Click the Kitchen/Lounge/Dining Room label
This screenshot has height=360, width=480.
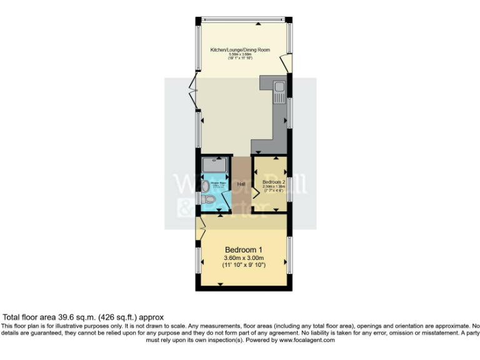click(240, 49)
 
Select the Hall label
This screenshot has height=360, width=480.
click(241, 184)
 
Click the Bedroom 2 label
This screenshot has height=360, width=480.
click(273, 181)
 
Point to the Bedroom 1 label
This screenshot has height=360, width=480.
click(244, 250)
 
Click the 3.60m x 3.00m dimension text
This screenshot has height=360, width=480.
click(244, 258)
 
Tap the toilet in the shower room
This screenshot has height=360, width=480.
click(209, 199)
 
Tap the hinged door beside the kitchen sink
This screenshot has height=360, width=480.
click(285, 62)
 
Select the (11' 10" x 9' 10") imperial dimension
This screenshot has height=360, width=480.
click(244, 266)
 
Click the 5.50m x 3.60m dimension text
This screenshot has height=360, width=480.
click(240, 54)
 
